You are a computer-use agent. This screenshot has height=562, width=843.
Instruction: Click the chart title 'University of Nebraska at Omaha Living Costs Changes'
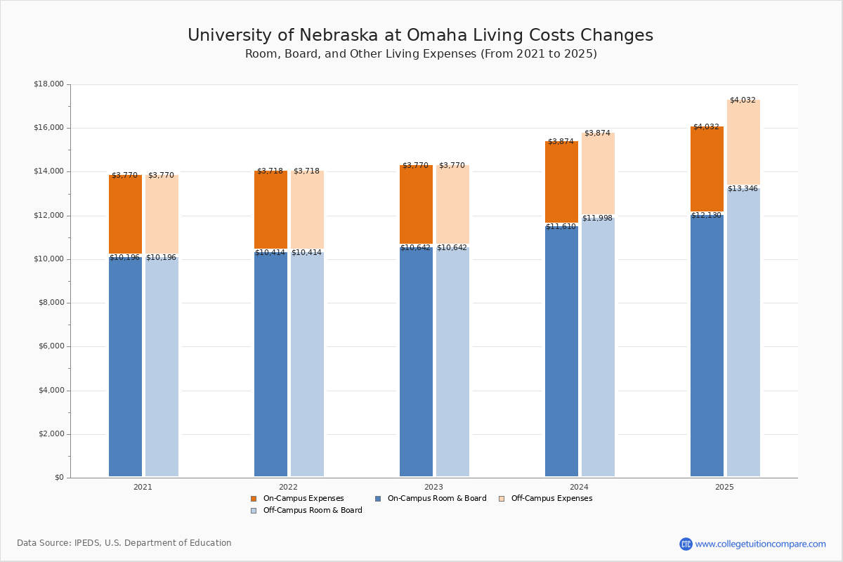[x=420, y=36]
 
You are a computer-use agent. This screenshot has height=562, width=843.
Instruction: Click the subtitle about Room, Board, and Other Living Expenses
[x=421, y=54]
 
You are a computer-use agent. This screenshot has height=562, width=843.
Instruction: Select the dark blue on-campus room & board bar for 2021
[x=125, y=365]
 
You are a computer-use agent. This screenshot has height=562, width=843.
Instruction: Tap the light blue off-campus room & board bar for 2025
[x=743, y=330]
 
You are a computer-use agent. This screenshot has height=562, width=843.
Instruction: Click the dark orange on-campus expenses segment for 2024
[x=561, y=183]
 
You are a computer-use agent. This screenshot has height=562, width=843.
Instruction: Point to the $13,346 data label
[x=743, y=188]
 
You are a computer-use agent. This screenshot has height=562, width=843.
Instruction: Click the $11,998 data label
[x=597, y=218]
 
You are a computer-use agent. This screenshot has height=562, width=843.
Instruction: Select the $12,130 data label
[x=706, y=215]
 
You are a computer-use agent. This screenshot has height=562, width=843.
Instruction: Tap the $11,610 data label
[x=561, y=226]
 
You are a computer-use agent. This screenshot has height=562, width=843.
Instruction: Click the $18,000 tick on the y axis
[x=48, y=84]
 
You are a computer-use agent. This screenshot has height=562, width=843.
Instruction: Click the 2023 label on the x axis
[x=433, y=487]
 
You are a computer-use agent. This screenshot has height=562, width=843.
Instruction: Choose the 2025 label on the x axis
[x=724, y=487]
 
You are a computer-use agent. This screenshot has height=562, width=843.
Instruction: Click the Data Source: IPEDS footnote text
[x=124, y=543]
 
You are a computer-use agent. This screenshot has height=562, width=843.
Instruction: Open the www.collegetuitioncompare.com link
[x=760, y=544]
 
